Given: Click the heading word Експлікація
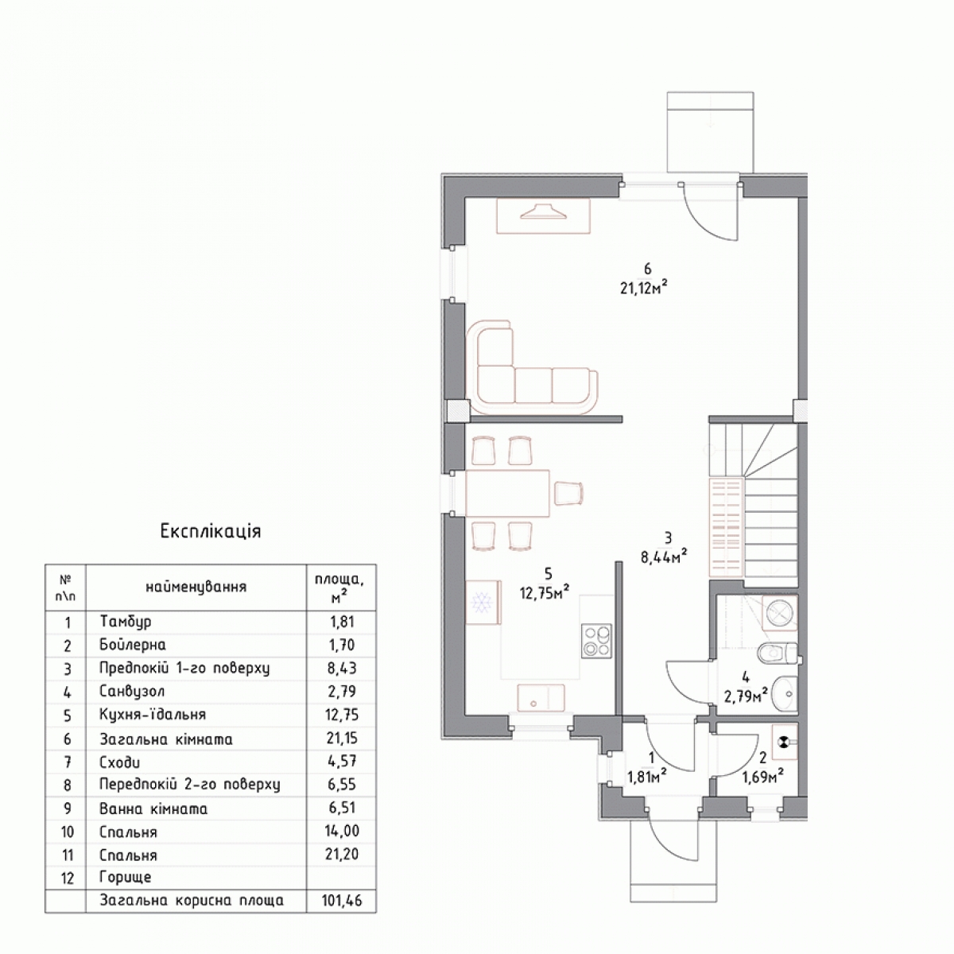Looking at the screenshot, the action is (x=211, y=531).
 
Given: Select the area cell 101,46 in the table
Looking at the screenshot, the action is (x=342, y=900).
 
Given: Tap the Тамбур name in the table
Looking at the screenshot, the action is (x=126, y=622).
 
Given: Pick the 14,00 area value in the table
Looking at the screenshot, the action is (x=342, y=830).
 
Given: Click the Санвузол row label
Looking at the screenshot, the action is (x=132, y=691).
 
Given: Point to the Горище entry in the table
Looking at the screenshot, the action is (x=126, y=877).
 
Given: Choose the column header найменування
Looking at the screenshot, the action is (x=196, y=588).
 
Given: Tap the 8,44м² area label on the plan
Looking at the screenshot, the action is (x=664, y=556).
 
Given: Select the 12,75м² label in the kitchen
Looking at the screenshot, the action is (x=544, y=592).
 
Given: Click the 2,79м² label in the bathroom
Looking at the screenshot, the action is (x=746, y=696).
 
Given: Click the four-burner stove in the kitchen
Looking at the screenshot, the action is (x=596, y=641).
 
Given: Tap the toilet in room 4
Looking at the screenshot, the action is (x=778, y=652).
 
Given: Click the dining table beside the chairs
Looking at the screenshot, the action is (x=507, y=494).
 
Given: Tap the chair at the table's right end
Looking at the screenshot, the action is (x=569, y=494).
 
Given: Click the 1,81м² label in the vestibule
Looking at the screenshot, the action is (x=646, y=777).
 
